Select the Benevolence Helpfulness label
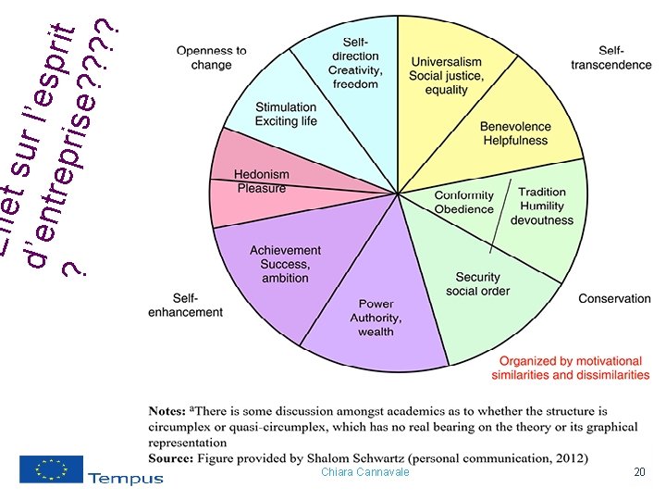point(515,133)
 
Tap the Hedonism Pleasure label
point(262,181)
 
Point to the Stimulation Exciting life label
point(286,115)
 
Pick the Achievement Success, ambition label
point(285,264)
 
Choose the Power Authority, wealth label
point(376,318)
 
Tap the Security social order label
point(477,284)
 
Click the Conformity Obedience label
point(464,202)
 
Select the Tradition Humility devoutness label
point(542,206)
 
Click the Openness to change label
point(212,57)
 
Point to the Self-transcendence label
point(610,57)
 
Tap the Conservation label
point(614,298)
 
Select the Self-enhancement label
point(185,305)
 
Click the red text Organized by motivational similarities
point(570,368)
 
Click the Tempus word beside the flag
point(126,478)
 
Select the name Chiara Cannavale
point(364,472)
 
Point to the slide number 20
point(638,472)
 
